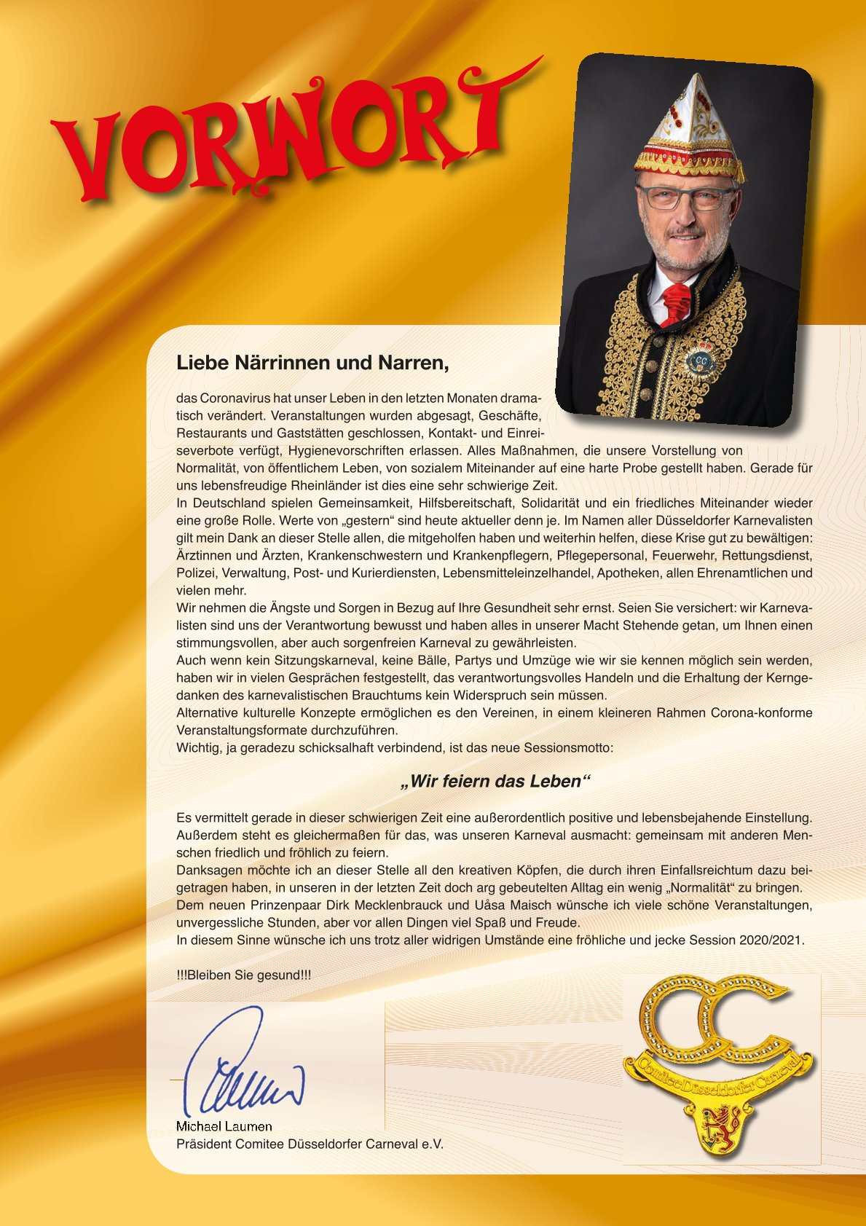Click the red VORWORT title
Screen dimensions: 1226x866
pos(291,135)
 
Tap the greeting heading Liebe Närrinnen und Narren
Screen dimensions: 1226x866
pos(312,362)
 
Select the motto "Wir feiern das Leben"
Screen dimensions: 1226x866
pos(496,782)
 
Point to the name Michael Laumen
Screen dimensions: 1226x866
pos(224,1126)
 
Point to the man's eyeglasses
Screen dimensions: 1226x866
pos(685,196)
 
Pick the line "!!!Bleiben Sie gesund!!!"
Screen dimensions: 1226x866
pos(243,975)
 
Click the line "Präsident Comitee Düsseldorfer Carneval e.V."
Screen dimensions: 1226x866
pos(310,1144)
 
